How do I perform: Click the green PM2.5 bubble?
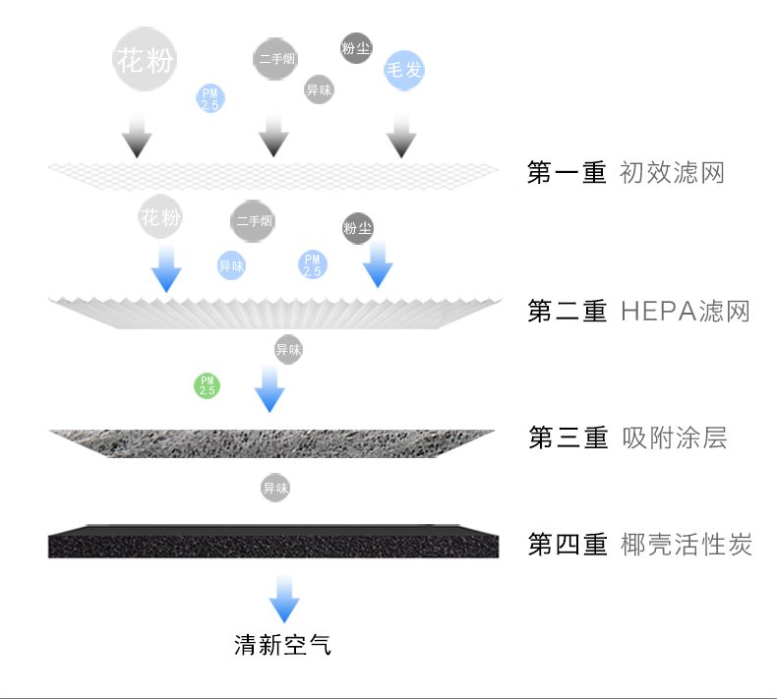[x=207, y=385]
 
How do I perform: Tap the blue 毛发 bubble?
[x=403, y=71]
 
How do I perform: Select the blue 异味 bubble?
[x=231, y=265]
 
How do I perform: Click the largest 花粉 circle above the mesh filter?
[x=146, y=60]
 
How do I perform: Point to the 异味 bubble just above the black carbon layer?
[x=275, y=487]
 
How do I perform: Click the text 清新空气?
[x=283, y=646]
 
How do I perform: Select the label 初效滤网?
[x=672, y=173]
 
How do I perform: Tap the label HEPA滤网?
[x=686, y=312]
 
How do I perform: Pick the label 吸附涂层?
[x=675, y=437]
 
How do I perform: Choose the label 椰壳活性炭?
[x=687, y=544]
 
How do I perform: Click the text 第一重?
[x=568, y=173]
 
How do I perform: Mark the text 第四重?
[x=568, y=544]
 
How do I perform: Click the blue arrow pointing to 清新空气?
[x=284, y=598]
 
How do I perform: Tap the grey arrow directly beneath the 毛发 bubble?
[x=398, y=135]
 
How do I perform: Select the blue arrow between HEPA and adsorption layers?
[x=269, y=388]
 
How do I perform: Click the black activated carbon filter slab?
[x=273, y=542]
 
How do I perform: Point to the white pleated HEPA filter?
[x=273, y=311]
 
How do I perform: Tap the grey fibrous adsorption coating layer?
[x=273, y=441]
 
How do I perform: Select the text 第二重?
[x=568, y=312]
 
